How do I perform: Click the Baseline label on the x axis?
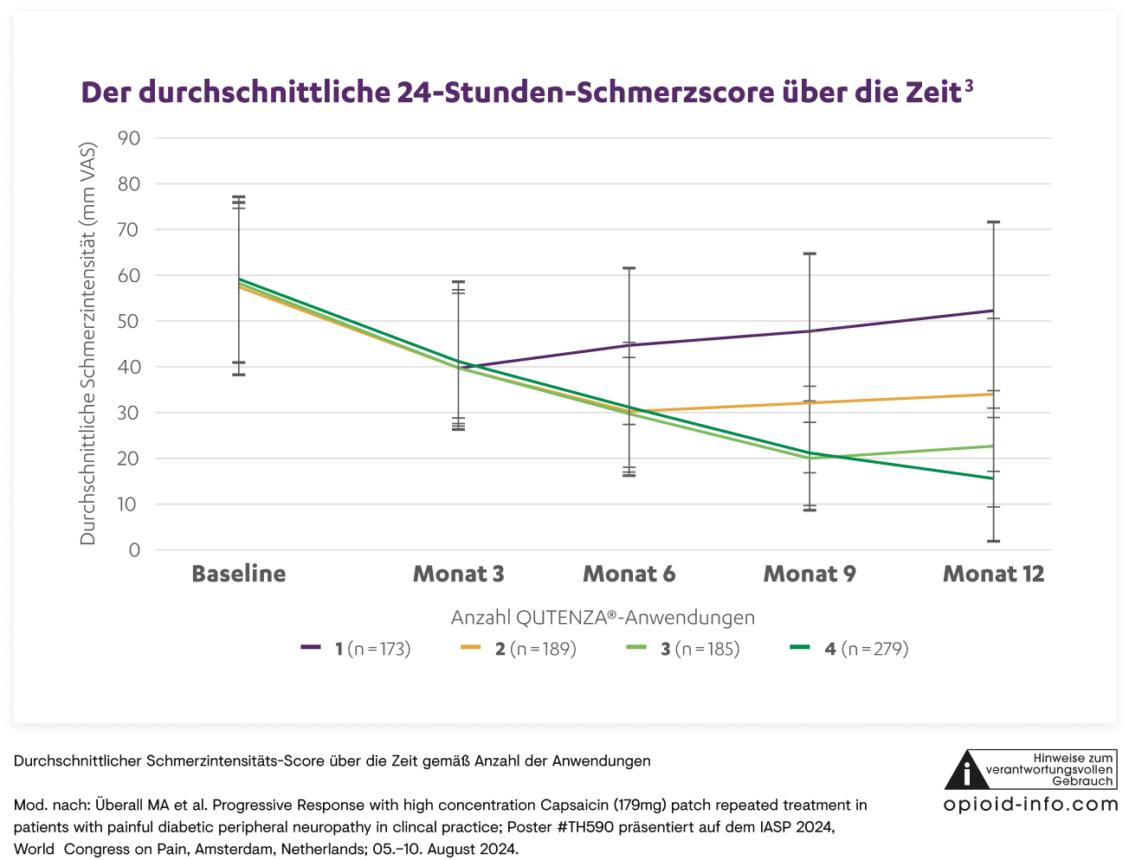pos(239,574)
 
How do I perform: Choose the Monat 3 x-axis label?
pos(458,574)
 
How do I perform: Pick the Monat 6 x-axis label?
pos(629,574)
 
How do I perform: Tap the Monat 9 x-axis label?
pos(810,574)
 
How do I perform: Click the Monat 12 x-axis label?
pos(993,574)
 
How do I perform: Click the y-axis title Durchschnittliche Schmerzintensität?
pos(88,343)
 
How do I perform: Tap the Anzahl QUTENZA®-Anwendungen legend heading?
pos(603,618)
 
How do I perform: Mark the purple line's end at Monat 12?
pos(993,311)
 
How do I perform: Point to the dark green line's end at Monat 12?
pos(993,478)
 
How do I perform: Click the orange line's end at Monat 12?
pos(993,394)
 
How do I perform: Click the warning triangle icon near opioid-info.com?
pos(967,770)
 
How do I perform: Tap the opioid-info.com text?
pos(1030,805)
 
